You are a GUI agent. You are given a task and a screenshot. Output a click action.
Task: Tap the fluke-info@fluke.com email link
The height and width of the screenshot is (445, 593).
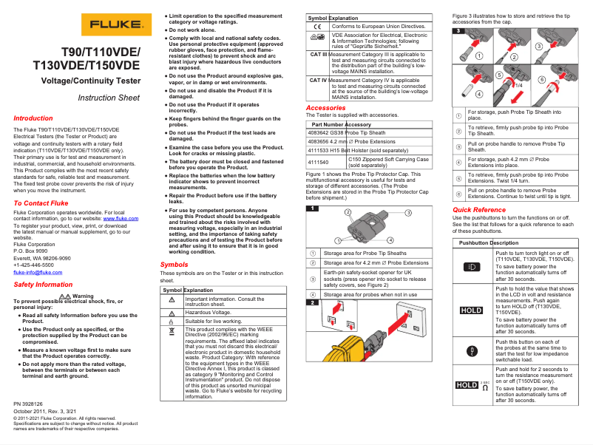point(34,271)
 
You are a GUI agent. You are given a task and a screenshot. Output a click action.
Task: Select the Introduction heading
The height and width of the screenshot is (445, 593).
point(33,118)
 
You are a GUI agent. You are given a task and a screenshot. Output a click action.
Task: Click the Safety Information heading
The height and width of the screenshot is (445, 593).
point(43,284)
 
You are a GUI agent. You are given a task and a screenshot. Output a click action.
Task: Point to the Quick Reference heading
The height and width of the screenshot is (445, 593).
point(479,210)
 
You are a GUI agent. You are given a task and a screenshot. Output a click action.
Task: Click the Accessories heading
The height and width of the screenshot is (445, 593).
point(325,108)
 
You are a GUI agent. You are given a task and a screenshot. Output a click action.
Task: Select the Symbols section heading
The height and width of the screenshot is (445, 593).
point(174,264)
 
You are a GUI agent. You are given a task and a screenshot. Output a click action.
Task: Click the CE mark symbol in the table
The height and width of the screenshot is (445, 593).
point(317,26)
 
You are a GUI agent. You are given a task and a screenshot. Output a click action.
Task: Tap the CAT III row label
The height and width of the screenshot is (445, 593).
point(318,54)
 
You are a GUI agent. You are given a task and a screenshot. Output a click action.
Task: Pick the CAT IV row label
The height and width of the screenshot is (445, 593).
point(318,80)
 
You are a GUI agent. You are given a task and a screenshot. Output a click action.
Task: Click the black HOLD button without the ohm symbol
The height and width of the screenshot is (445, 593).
point(471,310)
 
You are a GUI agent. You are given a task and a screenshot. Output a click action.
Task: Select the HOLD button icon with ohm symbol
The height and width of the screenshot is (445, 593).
point(471,385)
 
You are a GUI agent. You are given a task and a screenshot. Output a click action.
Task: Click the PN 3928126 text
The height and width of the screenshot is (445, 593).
point(28,404)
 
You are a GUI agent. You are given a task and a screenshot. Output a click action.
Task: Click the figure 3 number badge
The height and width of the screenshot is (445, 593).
point(458,30)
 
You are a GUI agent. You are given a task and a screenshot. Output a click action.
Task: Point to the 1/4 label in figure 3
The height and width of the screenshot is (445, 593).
point(518,84)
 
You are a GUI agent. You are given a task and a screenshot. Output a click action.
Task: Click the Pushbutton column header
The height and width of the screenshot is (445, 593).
point(474,242)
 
